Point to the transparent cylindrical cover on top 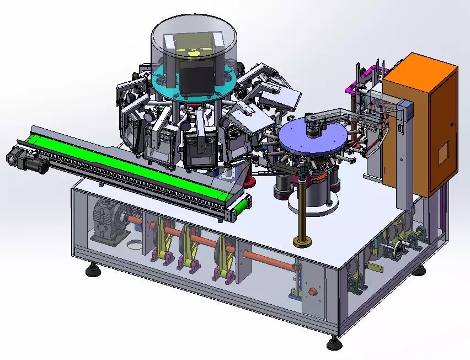[193, 39]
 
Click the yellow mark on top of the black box [194, 54]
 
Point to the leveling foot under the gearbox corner [92, 271]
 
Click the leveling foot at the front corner [333, 345]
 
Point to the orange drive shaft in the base [265, 257]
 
